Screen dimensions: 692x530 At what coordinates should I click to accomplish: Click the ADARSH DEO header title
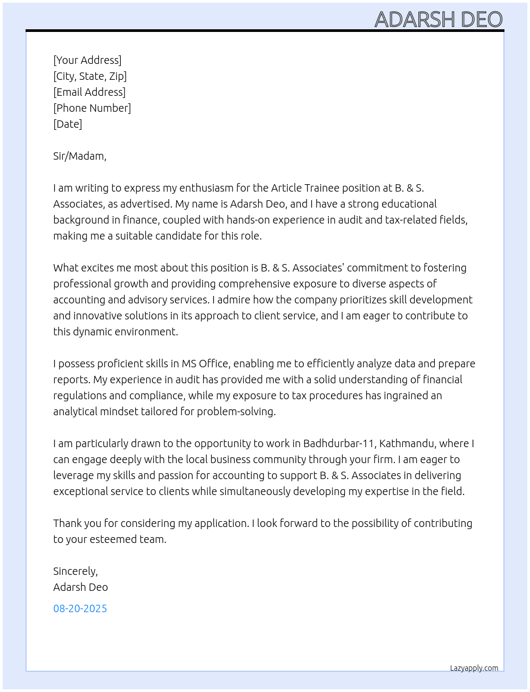(x=438, y=19)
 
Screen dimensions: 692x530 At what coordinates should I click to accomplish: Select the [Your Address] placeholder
(x=87, y=60)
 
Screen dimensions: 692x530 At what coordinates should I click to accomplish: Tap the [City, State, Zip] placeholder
(x=90, y=76)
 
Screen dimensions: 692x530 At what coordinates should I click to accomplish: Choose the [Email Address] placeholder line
(x=89, y=92)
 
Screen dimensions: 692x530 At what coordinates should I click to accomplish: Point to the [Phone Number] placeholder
(x=92, y=108)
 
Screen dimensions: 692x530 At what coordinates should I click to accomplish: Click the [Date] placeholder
(x=68, y=124)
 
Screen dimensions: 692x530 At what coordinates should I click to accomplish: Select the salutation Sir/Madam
(x=79, y=156)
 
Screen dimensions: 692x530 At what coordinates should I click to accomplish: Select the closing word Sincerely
(x=75, y=571)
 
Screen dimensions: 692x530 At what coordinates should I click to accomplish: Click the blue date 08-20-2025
(x=80, y=608)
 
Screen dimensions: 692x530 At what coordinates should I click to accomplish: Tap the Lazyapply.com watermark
(x=474, y=668)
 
